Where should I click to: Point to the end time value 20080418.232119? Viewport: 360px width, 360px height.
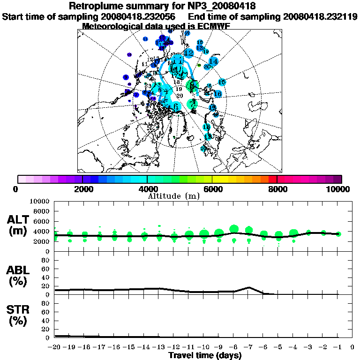pyautogui.click(x=320, y=16)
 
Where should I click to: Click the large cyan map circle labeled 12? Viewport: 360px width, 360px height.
pyautogui.click(x=189, y=52)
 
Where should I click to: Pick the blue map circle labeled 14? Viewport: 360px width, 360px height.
pyautogui.click(x=213, y=61)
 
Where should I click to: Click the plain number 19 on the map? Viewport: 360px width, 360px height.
pyautogui.click(x=179, y=89)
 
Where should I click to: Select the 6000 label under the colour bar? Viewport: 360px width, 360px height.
pyautogui.click(x=212, y=189)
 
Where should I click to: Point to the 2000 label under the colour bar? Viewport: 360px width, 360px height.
pyautogui.click(x=82, y=189)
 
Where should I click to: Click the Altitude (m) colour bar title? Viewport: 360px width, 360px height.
pyautogui.click(x=173, y=195)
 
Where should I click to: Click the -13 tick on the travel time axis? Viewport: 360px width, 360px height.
pyautogui.click(x=158, y=347)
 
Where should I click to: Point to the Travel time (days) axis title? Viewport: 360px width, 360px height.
pyautogui.click(x=205, y=355)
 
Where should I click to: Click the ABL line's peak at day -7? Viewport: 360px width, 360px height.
pyautogui.click(x=249, y=287)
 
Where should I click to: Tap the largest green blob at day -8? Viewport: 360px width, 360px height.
pyautogui.click(x=234, y=229)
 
